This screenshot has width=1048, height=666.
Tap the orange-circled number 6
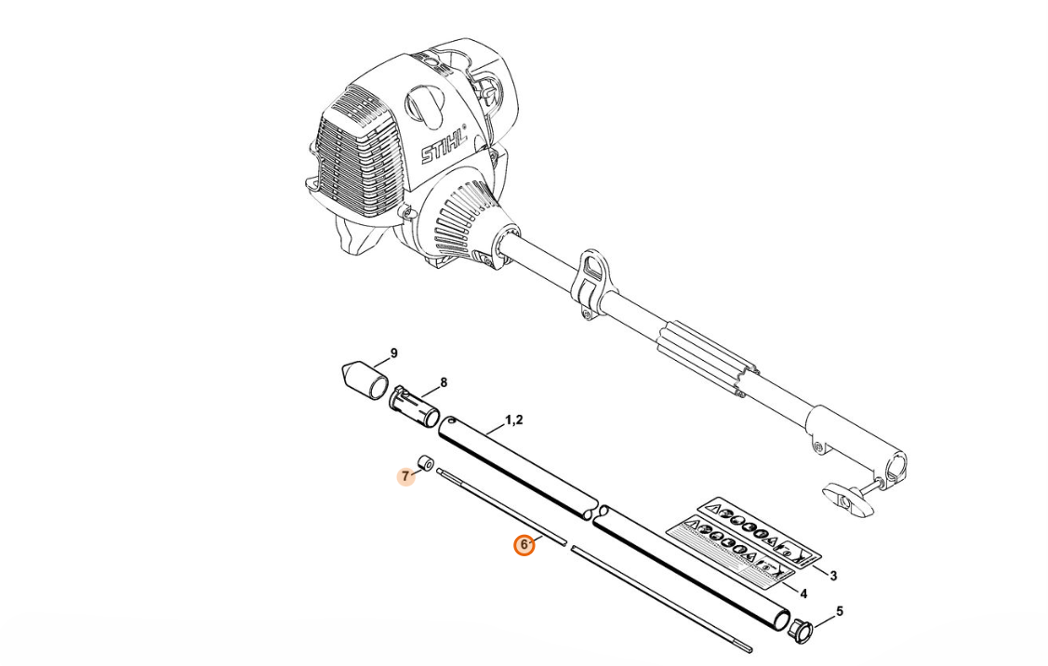pyautogui.click(x=524, y=546)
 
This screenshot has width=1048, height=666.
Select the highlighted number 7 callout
pyautogui.click(x=405, y=477)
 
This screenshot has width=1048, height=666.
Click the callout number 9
pyautogui.click(x=393, y=353)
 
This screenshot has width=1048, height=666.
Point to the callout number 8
pyautogui.click(x=444, y=383)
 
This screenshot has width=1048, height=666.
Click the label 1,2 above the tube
pyautogui.click(x=514, y=420)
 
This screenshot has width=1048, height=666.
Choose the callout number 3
pyautogui.click(x=833, y=575)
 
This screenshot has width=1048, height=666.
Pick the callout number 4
pyautogui.click(x=803, y=593)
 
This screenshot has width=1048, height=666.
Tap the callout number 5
pyautogui.click(x=840, y=611)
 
